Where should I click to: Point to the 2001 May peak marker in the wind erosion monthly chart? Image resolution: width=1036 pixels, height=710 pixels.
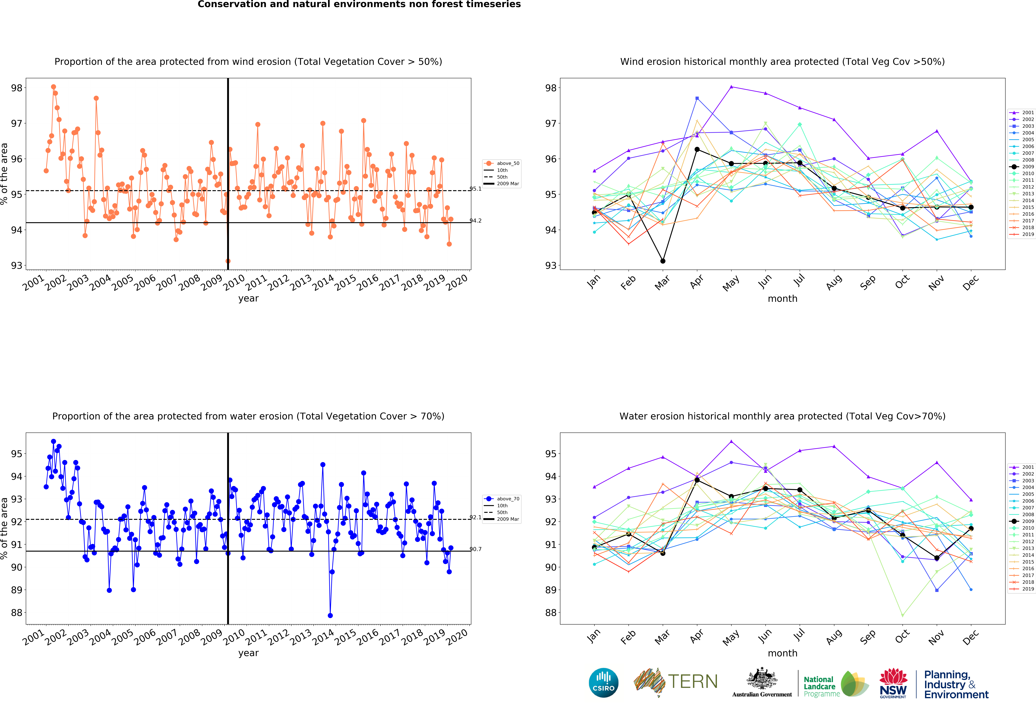[731, 86]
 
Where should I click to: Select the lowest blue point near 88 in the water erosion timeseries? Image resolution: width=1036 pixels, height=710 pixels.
[330, 616]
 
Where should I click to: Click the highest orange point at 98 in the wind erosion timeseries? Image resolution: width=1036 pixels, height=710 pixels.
[53, 87]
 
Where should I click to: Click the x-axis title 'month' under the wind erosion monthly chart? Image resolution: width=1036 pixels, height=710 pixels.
[782, 299]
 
